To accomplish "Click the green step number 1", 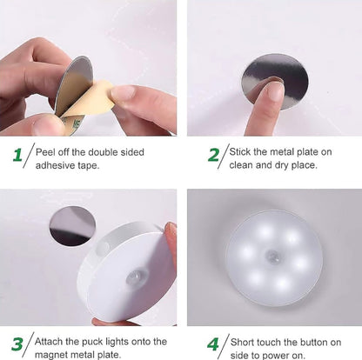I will tap(17, 157).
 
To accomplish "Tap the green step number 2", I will tap(213, 157).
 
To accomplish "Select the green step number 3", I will tap(16, 343).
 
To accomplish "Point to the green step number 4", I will tap(212, 343).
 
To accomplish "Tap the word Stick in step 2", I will tap(244, 150).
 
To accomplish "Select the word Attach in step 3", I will tap(49, 337).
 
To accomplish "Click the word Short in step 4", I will tap(245, 337).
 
